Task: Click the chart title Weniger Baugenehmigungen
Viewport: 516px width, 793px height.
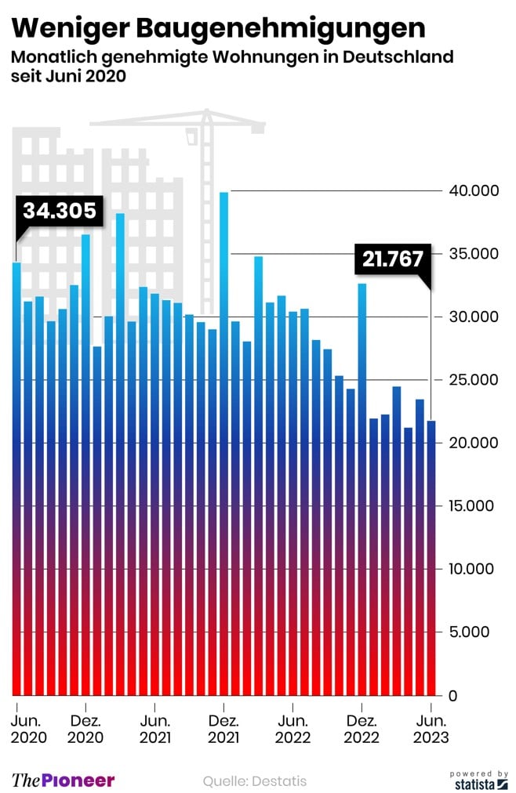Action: coord(220,29)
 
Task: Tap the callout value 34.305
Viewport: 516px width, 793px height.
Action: coord(59,211)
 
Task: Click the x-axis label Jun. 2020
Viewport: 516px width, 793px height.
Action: coord(29,729)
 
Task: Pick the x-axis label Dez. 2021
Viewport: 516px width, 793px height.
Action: coord(224,729)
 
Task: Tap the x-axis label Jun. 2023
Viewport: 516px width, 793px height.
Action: coord(431,729)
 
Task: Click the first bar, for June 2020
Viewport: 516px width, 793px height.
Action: coord(16,478)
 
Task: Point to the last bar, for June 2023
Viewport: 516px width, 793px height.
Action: coord(431,556)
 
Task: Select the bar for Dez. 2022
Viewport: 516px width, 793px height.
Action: coord(362,486)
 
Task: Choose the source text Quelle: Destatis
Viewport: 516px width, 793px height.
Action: coord(255,780)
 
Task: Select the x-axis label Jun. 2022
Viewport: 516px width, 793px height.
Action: coord(293,729)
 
